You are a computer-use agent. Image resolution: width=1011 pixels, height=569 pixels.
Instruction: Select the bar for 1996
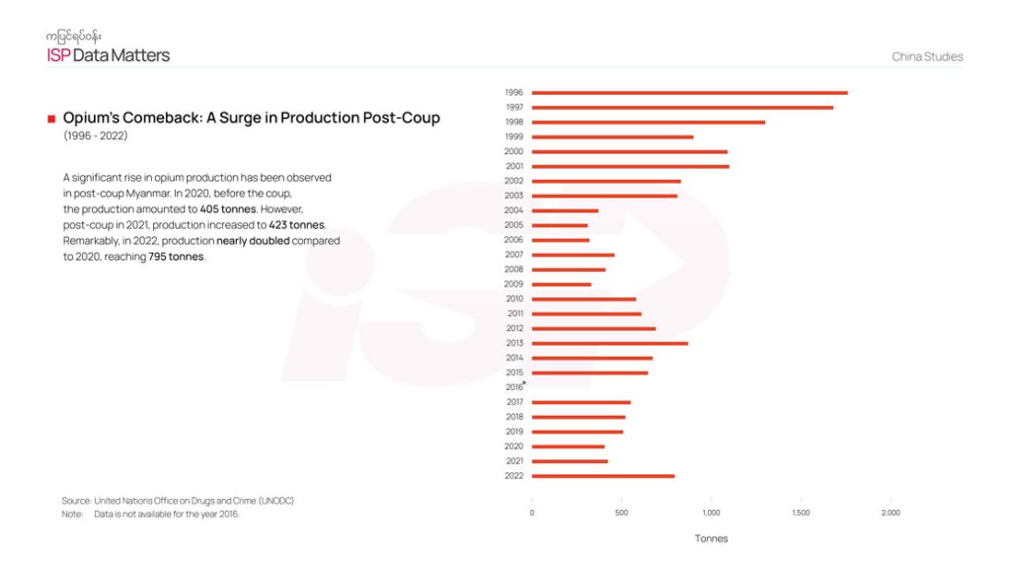tap(689, 93)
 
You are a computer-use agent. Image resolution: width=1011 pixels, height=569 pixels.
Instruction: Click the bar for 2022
tap(603, 476)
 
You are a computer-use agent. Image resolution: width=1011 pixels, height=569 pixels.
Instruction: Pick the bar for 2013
tap(609, 344)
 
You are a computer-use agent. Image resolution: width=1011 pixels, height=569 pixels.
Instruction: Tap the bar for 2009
tap(561, 284)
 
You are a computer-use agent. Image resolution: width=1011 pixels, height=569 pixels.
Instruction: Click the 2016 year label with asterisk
tap(514, 387)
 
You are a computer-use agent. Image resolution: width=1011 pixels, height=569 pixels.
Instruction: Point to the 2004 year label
tap(513, 210)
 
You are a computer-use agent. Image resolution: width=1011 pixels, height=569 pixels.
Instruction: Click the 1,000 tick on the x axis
tap(711, 513)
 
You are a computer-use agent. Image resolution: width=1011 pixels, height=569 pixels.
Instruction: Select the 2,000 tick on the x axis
tap(890, 513)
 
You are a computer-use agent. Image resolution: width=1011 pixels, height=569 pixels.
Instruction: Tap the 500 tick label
tap(621, 513)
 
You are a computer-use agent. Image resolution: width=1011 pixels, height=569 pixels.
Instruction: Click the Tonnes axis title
tap(711, 538)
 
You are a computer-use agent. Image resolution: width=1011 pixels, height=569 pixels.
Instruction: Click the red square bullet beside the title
tap(50, 119)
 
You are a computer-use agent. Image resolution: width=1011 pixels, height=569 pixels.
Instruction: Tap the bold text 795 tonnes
tap(177, 257)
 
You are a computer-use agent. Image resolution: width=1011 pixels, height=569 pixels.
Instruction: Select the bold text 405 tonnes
tap(228, 209)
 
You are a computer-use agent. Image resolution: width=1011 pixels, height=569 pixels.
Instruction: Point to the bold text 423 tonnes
tap(296, 225)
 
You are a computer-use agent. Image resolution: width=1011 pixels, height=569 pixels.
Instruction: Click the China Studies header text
tap(927, 57)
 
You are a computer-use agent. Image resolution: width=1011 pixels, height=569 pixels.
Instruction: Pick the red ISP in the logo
tap(58, 55)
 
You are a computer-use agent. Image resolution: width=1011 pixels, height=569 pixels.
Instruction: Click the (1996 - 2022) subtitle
tap(96, 135)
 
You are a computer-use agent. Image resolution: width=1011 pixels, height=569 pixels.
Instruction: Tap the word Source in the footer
tap(75, 501)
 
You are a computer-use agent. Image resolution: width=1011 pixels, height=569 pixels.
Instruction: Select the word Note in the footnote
tap(71, 514)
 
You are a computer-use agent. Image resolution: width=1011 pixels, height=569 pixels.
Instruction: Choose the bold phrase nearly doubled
tap(253, 241)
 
